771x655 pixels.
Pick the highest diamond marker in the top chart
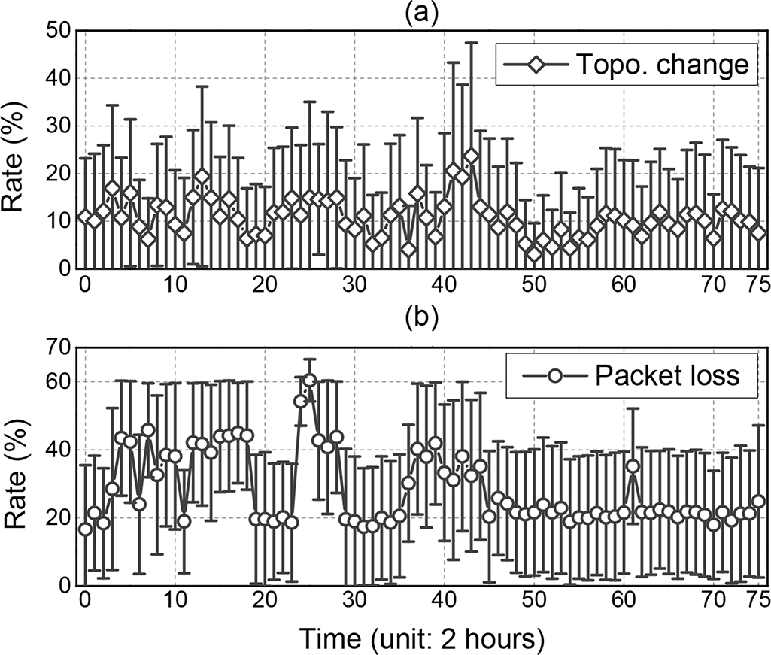(x=472, y=156)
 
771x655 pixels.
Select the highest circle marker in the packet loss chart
(x=310, y=380)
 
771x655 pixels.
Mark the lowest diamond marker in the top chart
(x=534, y=254)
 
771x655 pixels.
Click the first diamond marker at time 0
(x=85, y=217)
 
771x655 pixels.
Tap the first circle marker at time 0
(x=85, y=529)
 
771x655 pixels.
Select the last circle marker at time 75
(x=758, y=501)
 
